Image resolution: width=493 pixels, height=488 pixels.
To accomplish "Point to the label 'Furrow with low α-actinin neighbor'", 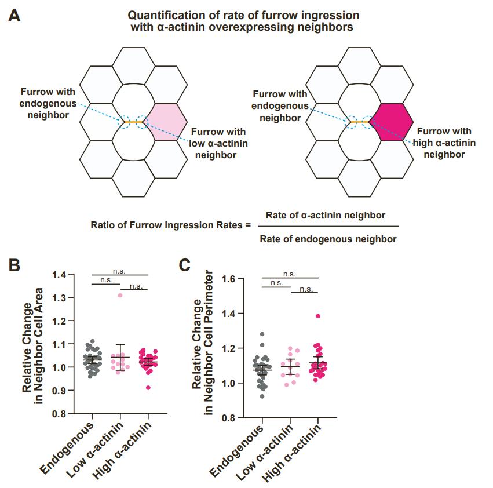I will click(x=218, y=144).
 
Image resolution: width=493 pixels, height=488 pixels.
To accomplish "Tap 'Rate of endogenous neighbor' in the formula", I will click(x=328, y=239).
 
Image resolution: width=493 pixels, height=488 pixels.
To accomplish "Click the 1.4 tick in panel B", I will click(x=59, y=274).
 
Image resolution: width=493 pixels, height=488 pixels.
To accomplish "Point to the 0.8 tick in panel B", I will click(x=59, y=414).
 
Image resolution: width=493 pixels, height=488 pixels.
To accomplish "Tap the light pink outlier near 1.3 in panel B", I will click(x=120, y=295).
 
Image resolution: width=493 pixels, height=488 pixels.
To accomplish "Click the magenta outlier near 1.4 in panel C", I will click(x=317, y=316).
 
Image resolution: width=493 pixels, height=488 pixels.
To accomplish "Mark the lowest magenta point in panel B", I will click(x=148, y=387).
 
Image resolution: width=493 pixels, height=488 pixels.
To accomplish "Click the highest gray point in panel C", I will click(x=262, y=334).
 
